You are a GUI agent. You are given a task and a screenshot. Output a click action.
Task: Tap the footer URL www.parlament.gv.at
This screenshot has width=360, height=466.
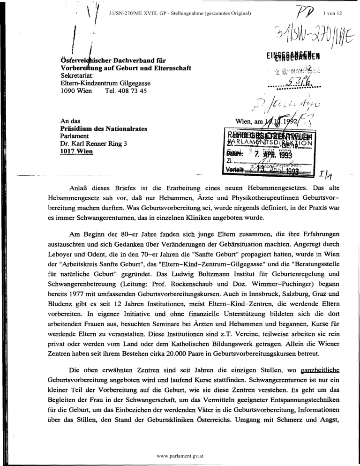coord(180,455)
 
